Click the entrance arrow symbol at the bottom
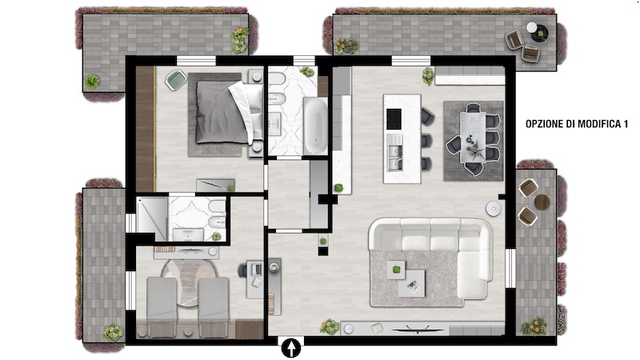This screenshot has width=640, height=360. tap(291, 348)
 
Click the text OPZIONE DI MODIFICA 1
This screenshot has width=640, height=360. tap(576, 124)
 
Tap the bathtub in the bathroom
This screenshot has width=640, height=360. tap(315, 126)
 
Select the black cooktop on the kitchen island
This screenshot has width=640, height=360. tap(394, 119)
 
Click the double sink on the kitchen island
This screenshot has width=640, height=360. tap(394, 152)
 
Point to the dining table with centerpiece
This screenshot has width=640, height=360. tap(473, 138)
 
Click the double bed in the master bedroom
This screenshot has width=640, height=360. tap(229, 112)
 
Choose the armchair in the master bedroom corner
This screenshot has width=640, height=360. tap(176, 80)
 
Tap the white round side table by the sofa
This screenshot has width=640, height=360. tap(494, 208)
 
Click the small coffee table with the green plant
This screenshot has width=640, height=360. tap(396, 270)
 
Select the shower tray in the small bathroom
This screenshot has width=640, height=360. tap(152, 218)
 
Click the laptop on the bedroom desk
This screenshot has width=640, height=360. tap(256, 269)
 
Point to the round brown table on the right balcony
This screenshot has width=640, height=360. tap(542, 202)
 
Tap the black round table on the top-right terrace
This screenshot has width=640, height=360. tap(539, 34)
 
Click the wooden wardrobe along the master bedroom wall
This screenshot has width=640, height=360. tap(145, 129)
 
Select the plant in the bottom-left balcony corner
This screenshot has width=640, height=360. tap(113, 332)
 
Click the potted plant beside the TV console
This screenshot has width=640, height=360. tap(330, 326)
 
